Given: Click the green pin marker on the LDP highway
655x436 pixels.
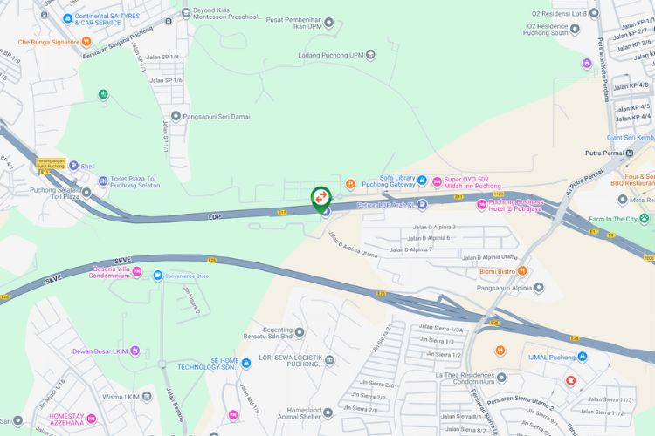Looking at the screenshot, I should click(321, 198).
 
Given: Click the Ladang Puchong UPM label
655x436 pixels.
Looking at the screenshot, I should click(331, 55).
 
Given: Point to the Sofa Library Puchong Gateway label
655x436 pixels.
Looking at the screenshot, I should click(387, 181).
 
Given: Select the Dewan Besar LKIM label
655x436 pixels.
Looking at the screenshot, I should click(100, 351).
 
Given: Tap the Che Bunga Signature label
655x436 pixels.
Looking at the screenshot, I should click(49, 41).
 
